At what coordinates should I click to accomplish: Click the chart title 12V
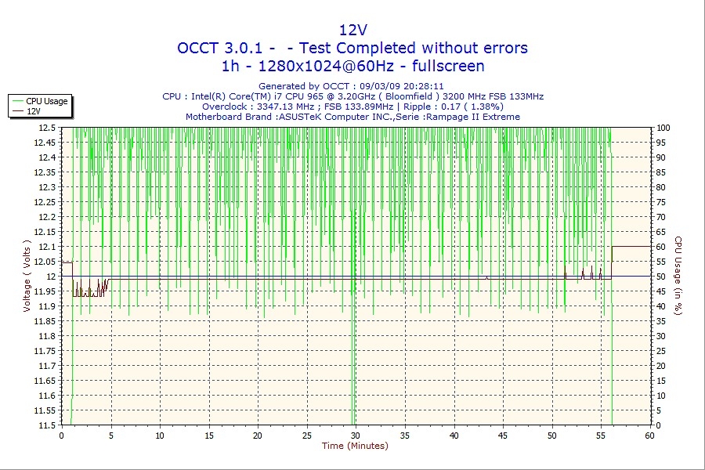tap(352, 30)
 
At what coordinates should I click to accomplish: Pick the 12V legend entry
tap(34, 111)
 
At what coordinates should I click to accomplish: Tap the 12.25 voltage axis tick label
tap(45, 202)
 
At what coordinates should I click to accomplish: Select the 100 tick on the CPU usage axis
tap(663, 128)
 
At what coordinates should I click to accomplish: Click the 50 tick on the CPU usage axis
tap(662, 277)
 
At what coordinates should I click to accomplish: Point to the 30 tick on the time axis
tap(356, 436)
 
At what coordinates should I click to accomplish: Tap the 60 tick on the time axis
tap(649, 436)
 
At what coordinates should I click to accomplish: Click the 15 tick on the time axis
tap(209, 436)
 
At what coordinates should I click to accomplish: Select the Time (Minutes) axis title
tap(355, 446)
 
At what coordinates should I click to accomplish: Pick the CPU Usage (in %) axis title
tap(678, 277)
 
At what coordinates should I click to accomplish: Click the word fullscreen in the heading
tap(444, 66)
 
